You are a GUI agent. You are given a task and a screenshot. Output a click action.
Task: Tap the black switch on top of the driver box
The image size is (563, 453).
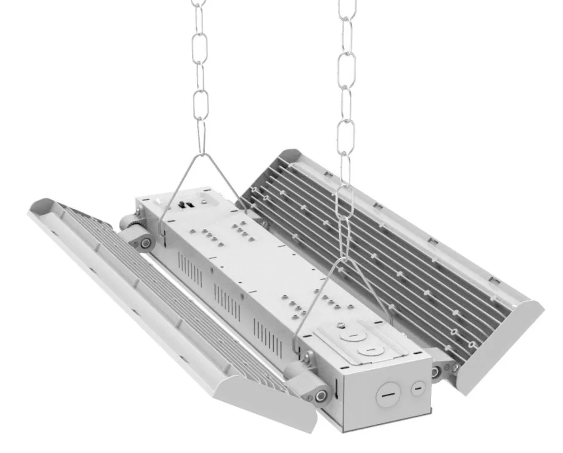(186, 204)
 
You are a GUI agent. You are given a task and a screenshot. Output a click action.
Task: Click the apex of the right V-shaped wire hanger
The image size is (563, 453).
(346, 259)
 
